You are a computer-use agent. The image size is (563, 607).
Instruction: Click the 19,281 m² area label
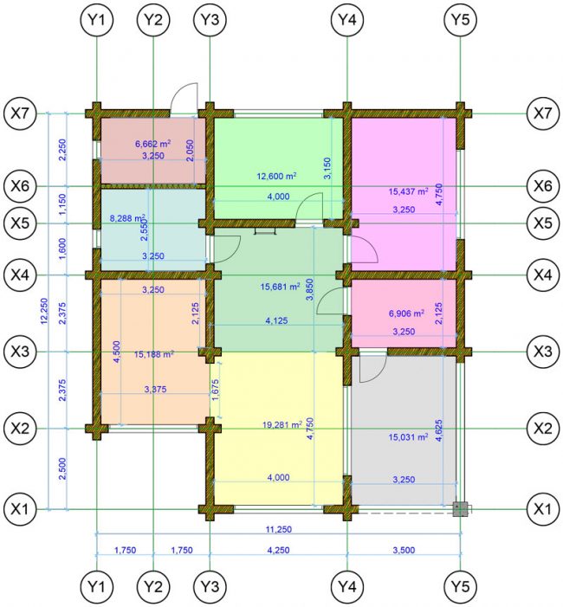click(x=282, y=424)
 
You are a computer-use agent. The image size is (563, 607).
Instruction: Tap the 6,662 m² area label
click(x=153, y=144)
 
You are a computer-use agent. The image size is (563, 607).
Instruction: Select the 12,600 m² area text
click(x=276, y=176)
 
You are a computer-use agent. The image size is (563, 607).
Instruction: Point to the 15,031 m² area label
click(x=408, y=437)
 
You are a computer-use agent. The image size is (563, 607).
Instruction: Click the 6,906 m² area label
click(x=406, y=313)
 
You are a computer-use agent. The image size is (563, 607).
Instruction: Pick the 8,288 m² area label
click(x=128, y=218)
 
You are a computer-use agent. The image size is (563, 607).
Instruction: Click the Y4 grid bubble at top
click(x=347, y=20)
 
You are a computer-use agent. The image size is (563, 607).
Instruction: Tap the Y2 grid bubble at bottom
click(x=153, y=587)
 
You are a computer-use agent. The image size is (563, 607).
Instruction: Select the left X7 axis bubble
click(x=20, y=113)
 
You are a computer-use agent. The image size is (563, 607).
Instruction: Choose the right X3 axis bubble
click(x=543, y=352)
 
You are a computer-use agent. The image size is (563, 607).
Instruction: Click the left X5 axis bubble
click(x=20, y=223)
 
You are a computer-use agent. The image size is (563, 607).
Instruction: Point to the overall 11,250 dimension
click(x=278, y=529)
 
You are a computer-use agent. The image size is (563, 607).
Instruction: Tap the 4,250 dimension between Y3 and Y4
click(x=278, y=550)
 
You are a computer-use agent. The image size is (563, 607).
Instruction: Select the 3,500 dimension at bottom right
click(x=404, y=550)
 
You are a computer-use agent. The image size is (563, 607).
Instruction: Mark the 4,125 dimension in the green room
click(x=277, y=320)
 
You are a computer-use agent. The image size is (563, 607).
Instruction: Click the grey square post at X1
click(x=461, y=509)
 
